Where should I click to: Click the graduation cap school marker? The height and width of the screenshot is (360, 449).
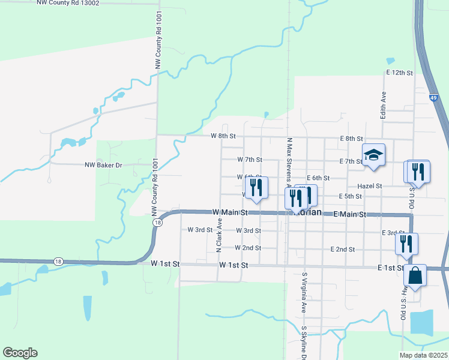373,155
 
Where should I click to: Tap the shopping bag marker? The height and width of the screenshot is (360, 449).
415,276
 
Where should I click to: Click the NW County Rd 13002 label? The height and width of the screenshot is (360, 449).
76,3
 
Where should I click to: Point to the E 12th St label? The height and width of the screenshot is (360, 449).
400,73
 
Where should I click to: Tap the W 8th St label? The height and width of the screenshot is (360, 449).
223,136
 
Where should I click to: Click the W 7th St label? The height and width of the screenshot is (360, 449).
250,160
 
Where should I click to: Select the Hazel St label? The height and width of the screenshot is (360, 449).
370,186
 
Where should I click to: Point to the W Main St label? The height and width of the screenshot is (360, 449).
230,212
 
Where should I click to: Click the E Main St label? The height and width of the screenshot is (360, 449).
349,214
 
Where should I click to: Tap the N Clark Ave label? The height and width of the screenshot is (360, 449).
219,235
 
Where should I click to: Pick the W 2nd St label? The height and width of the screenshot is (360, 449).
248,248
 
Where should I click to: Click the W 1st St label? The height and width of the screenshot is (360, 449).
234,265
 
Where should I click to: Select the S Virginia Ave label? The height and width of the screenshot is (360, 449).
304,292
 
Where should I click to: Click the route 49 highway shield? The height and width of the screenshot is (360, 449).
433,97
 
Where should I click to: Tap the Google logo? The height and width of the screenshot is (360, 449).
20,353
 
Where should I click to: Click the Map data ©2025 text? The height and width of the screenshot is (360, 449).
423,355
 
